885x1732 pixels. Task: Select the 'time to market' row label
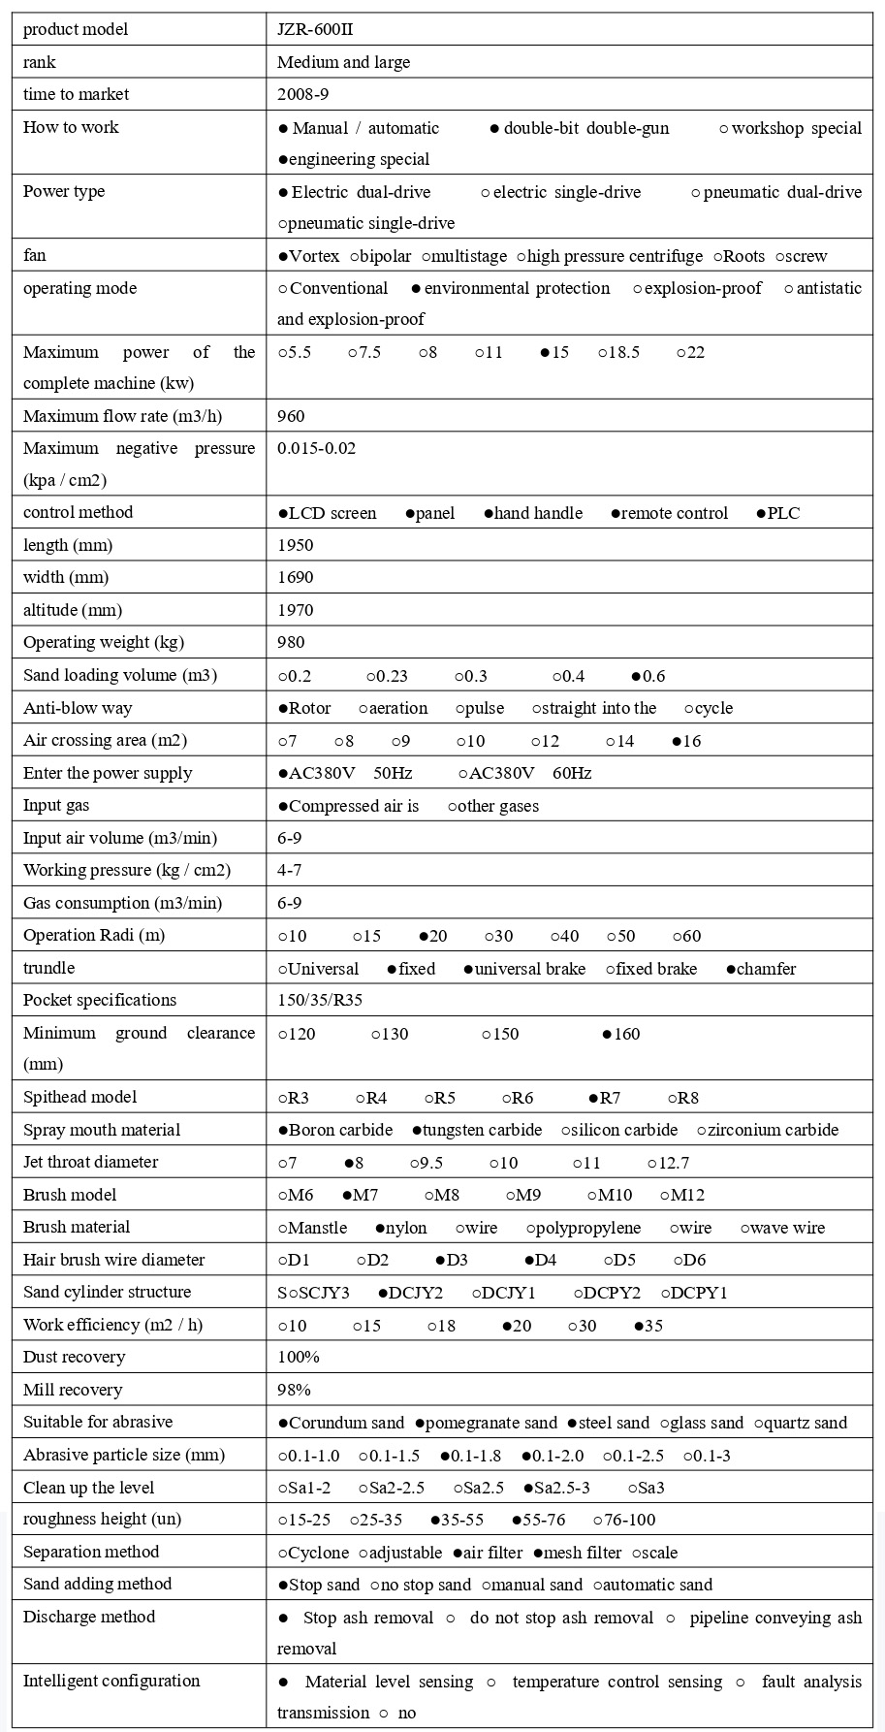(76, 95)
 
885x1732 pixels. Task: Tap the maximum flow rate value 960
(291, 417)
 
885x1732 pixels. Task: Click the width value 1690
(295, 578)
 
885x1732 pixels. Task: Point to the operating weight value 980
(291, 643)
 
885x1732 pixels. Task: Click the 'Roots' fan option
(739, 257)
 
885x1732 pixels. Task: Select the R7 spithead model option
(605, 1099)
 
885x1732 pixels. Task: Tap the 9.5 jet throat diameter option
(427, 1163)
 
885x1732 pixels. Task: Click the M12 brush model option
(682, 1196)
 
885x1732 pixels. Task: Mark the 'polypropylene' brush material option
(584, 1229)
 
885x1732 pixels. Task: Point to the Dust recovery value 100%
(299, 1358)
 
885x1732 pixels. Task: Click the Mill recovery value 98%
(294, 1391)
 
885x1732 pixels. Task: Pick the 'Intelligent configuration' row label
(111, 1682)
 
